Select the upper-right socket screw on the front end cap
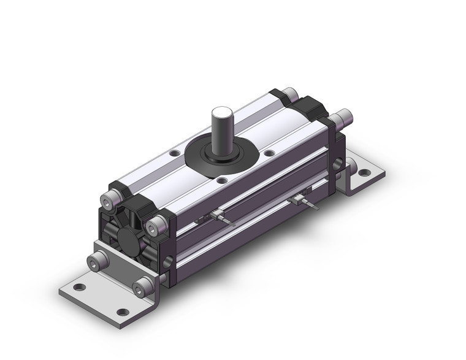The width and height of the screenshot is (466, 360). [159, 224]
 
